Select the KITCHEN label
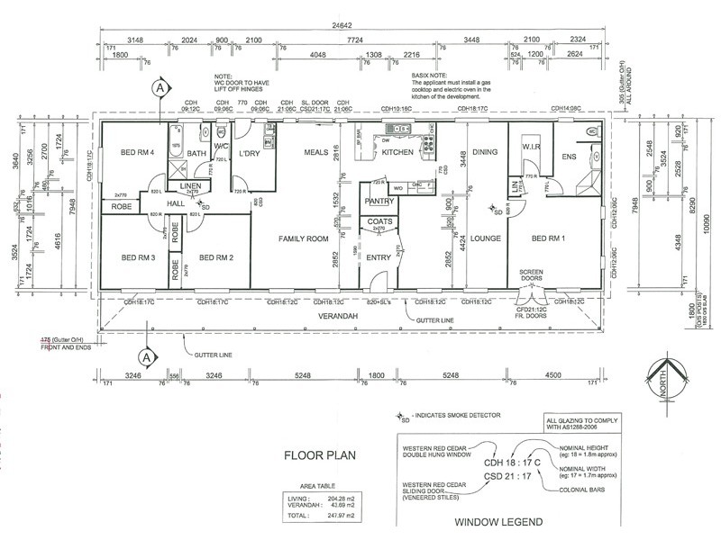click(397, 153)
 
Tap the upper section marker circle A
click(160, 88)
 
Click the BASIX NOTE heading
click(428, 78)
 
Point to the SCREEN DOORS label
click(535, 274)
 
